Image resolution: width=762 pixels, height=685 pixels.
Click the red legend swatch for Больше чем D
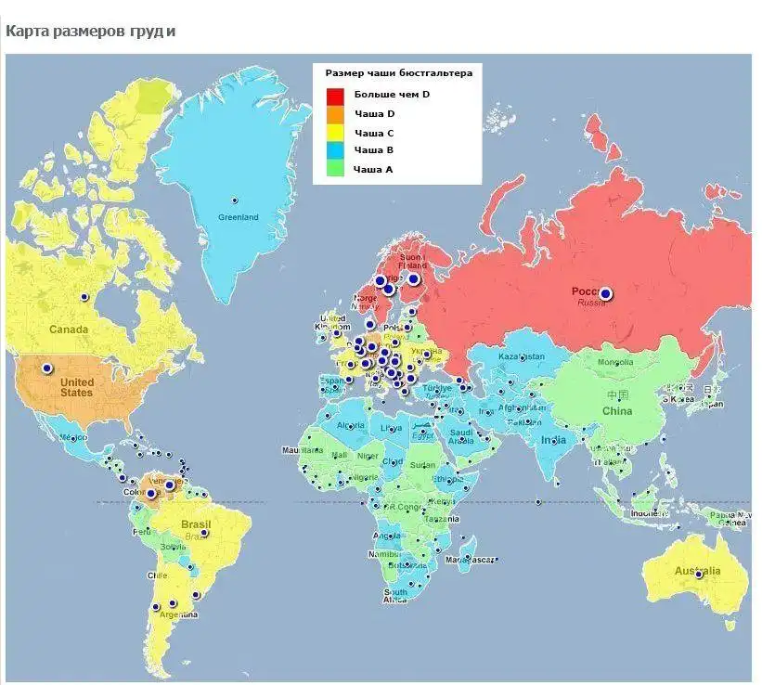[335, 96]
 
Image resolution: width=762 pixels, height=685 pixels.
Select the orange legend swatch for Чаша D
[335, 114]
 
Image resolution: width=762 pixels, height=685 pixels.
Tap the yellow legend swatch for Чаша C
[335, 133]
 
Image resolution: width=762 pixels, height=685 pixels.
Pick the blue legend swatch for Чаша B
[335, 150]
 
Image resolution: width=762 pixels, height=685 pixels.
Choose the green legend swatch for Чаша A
[335, 168]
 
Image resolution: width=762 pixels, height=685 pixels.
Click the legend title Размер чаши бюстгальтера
[398, 72]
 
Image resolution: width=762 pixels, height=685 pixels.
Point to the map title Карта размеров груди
[90, 32]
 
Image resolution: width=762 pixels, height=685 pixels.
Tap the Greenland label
[239, 217]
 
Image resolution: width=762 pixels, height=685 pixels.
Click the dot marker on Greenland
[235, 200]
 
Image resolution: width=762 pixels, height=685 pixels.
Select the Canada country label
[69, 330]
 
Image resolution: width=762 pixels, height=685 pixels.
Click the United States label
[77, 387]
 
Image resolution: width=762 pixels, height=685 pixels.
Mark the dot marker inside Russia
[606, 294]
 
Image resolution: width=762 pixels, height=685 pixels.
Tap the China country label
[617, 410]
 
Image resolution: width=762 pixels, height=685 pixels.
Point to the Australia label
[697, 570]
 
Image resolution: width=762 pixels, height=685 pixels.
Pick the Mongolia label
[615, 362]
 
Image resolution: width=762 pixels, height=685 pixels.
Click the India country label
[554, 439]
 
